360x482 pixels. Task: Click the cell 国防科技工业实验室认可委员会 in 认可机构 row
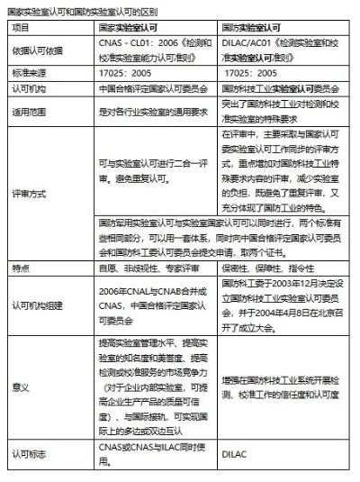coord(280,90)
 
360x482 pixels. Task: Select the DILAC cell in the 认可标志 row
coord(233,457)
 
